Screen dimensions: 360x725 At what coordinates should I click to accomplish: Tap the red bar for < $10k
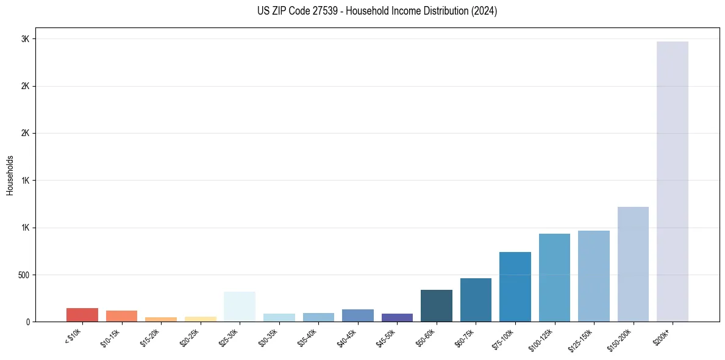(x=82, y=315)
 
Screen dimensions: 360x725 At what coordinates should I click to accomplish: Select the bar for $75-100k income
(x=515, y=287)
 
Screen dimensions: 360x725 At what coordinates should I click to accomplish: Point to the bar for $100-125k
(x=554, y=278)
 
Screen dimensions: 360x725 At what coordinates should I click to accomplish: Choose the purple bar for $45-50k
(x=397, y=317)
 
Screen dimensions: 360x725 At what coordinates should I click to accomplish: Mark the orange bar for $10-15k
(x=121, y=316)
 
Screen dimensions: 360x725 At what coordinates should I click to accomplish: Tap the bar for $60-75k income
(x=476, y=300)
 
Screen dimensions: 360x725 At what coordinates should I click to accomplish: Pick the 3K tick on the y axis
(x=25, y=39)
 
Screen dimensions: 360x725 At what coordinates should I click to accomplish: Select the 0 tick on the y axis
(x=27, y=322)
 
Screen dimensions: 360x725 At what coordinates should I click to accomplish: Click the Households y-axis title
(x=10, y=175)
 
